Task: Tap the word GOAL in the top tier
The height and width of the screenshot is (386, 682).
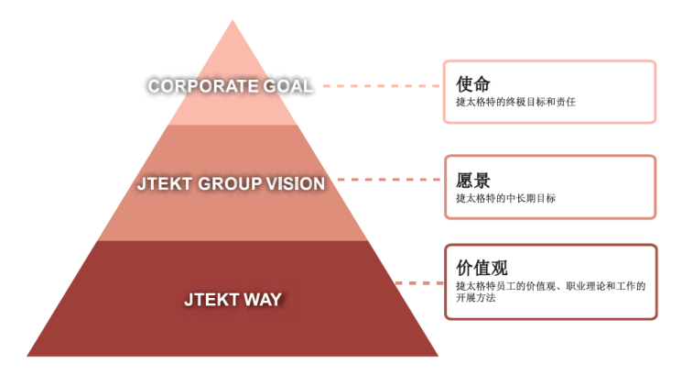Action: pos(287,86)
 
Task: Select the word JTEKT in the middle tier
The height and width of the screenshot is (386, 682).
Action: pos(165,184)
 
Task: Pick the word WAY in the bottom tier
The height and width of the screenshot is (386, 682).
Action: pos(263,300)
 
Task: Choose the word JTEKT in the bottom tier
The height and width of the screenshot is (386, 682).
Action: pos(211,300)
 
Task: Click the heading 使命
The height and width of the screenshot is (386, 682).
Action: pos(472,83)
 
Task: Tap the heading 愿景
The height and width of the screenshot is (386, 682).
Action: pos(472,180)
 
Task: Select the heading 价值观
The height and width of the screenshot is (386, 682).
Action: pos(482,268)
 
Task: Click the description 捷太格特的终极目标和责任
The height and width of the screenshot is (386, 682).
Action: pos(516,102)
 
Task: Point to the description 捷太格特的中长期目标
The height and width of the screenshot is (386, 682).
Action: pos(506,198)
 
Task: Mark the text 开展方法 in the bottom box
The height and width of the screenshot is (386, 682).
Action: pos(475,298)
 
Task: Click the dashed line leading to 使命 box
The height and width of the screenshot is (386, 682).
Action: pos(382,86)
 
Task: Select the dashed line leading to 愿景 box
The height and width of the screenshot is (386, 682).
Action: pos(389,179)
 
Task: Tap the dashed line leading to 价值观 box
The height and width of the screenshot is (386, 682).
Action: pos(419,283)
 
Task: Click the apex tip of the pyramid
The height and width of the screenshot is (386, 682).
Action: pos(233,19)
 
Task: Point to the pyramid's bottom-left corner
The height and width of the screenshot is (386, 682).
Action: pos(27,356)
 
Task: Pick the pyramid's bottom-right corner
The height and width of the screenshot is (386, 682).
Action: pos(438,356)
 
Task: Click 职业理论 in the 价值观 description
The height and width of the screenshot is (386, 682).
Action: pos(585,286)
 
